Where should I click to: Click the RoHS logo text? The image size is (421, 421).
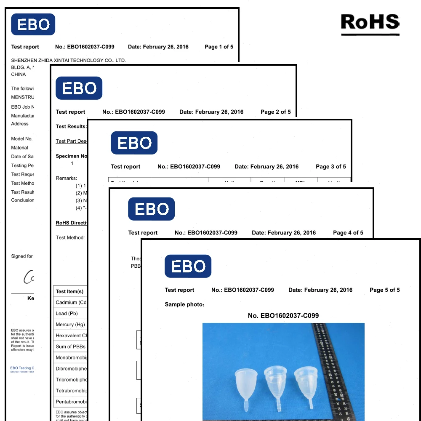coord(370,23)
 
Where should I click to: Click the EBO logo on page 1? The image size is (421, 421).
coord(33,24)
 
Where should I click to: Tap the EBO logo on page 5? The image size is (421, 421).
coord(188,266)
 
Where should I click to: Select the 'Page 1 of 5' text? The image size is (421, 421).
coord(218,47)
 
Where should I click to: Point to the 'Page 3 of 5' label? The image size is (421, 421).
coord(330,167)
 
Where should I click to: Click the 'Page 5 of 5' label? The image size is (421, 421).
coord(384,290)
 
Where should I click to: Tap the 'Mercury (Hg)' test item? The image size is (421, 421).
coord(70,325)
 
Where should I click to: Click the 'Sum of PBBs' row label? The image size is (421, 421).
coord(70,346)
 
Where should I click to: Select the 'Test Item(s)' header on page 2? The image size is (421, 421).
coord(69,291)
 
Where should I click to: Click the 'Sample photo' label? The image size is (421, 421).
coord(184,304)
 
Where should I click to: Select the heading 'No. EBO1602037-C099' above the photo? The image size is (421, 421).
coord(283,315)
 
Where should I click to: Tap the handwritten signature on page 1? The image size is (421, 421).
coord(29,277)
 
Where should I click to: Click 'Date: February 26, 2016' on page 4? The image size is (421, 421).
coord(283,233)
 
